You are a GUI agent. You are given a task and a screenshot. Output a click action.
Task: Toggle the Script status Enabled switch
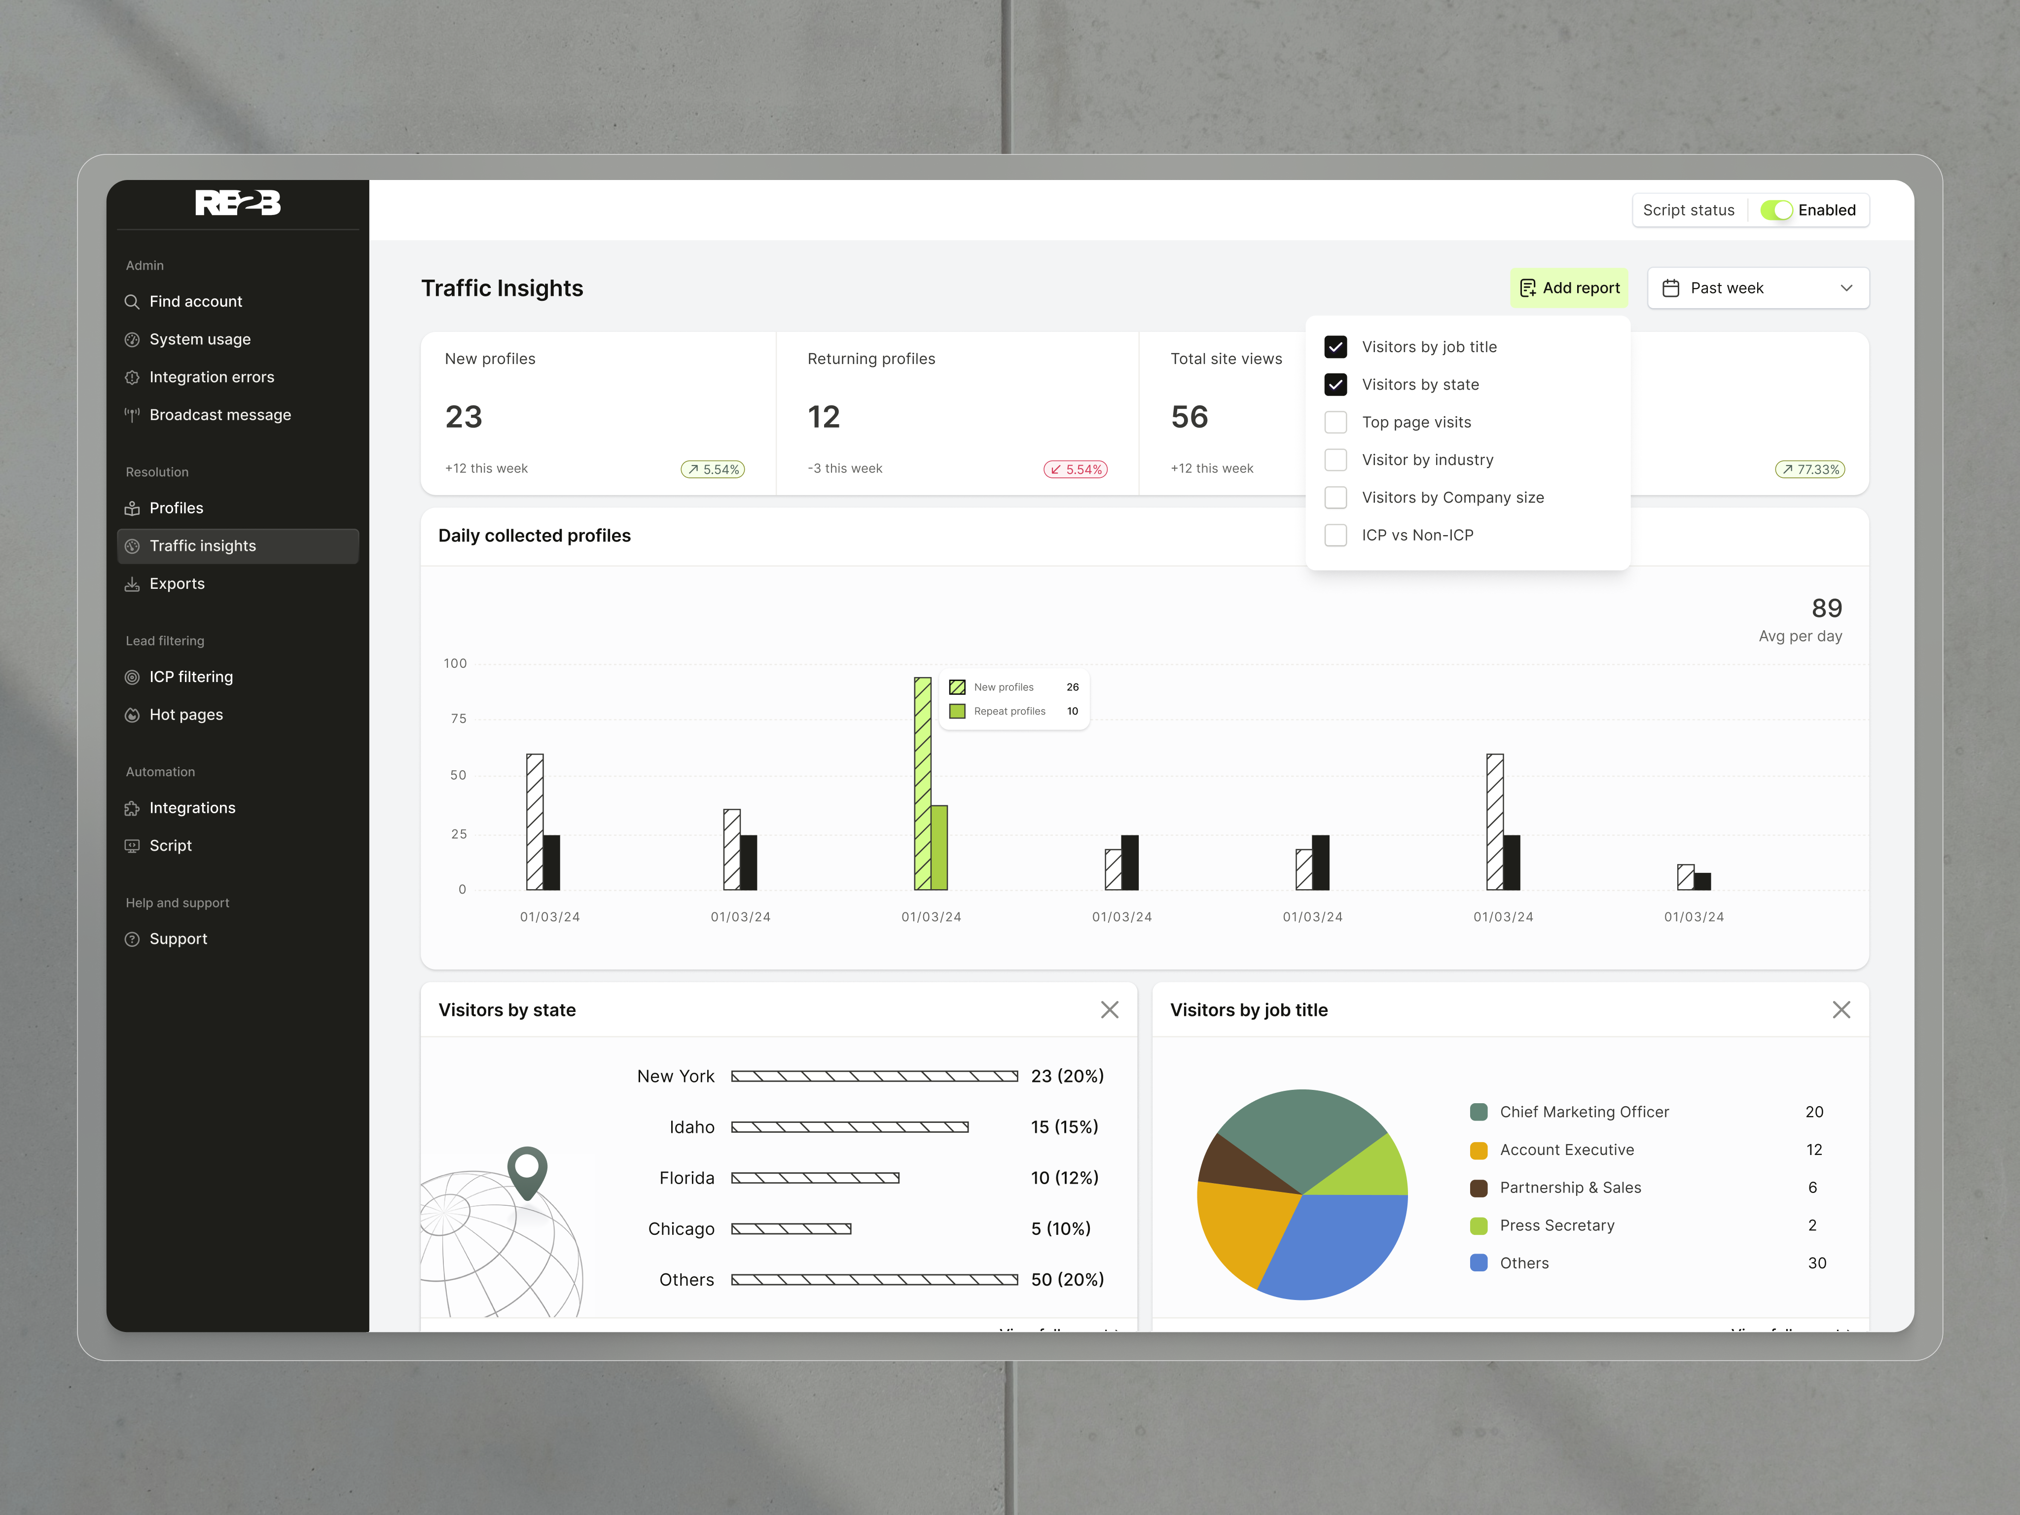click(1776, 210)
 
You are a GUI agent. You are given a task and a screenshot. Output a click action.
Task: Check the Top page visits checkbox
click(1335, 422)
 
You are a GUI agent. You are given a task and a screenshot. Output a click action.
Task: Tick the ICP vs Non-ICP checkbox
click(1335, 535)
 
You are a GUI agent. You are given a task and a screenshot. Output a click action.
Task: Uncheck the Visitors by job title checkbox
click(1335, 347)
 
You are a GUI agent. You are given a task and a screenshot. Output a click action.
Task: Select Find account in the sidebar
click(195, 301)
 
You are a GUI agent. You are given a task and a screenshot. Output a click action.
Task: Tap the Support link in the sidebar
click(178, 939)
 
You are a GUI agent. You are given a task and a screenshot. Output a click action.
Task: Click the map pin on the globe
click(527, 1169)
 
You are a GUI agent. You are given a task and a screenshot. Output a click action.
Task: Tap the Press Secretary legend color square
click(1479, 1226)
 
